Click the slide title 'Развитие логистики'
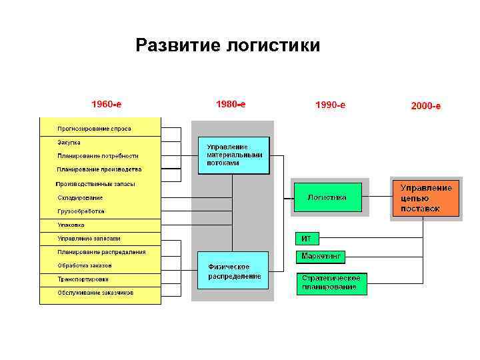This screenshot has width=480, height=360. [x=227, y=45]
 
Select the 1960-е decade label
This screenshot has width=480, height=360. [x=106, y=104]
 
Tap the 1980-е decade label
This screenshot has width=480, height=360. [x=231, y=104]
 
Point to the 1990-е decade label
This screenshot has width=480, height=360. [x=330, y=105]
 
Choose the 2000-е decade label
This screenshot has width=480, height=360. [x=425, y=105]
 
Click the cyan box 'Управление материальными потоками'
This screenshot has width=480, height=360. [x=233, y=155]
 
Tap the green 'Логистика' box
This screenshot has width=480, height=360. [x=327, y=197]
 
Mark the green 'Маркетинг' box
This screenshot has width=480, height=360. [x=321, y=256]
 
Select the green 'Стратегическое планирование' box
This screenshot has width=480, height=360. [x=331, y=283]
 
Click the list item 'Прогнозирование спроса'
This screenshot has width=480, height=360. [x=94, y=128]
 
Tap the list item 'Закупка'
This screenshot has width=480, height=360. [x=69, y=142]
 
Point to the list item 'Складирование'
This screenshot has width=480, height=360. [x=80, y=197]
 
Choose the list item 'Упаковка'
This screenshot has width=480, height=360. [x=71, y=225]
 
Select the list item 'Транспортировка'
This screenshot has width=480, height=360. [x=83, y=279]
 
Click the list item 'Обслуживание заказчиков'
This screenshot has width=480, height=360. [x=95, y=293]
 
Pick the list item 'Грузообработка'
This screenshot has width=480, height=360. [x=81, y=211]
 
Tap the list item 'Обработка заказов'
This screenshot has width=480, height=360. [x=84, y=265]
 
